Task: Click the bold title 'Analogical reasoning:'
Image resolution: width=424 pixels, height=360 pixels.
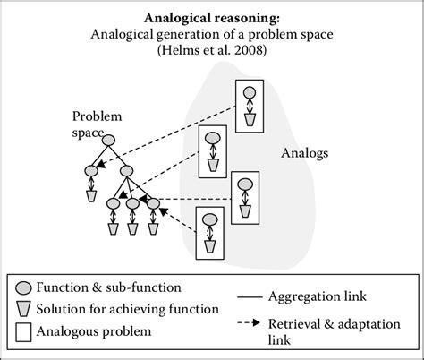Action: click(x=212, y=17)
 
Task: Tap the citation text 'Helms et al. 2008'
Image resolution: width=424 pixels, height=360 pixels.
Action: click(x=212, y=51)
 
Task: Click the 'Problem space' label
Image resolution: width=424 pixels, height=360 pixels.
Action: click(x=98, y=124)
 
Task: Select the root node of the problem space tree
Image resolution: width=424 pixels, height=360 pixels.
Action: click(x=108, y=140)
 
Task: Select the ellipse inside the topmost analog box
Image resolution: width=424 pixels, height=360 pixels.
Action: click(x=250, y=91)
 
